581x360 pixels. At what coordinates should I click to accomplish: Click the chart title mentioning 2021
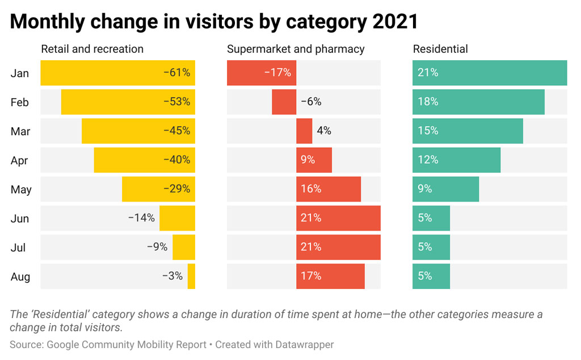[214, 22]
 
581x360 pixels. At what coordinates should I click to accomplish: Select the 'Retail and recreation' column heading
[92, 49]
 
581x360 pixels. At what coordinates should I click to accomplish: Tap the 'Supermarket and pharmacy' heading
[296, 49]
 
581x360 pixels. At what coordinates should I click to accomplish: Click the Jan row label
[19, 73]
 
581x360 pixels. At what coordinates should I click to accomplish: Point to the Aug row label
[20, 277]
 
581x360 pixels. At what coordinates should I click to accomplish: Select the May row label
[21, 190]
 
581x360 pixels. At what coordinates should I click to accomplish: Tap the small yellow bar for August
[191, 277]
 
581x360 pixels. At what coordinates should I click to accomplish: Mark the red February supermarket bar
[284, 102]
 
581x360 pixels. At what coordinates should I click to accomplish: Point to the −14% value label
[141, 218]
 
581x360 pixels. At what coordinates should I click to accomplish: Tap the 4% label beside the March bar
[324, 131]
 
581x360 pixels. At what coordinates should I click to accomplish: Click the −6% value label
[311, 102]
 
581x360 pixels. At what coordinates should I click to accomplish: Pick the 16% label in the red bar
[311, 189]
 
